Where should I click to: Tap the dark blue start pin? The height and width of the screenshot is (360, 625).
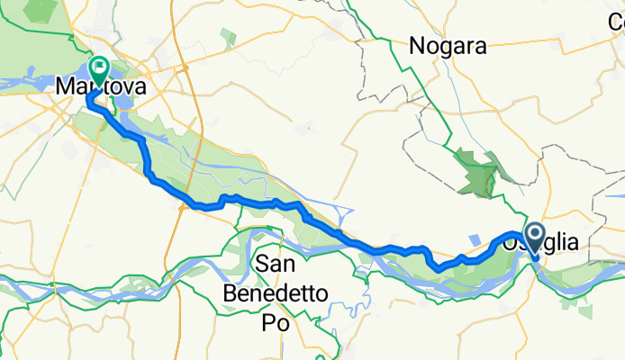tap(534, 238)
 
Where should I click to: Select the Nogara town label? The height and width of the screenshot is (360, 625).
tap(448, 45)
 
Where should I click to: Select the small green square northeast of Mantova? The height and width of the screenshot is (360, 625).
tap(227, 37)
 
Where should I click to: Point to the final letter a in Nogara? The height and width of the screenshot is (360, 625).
tap(479, 45)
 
